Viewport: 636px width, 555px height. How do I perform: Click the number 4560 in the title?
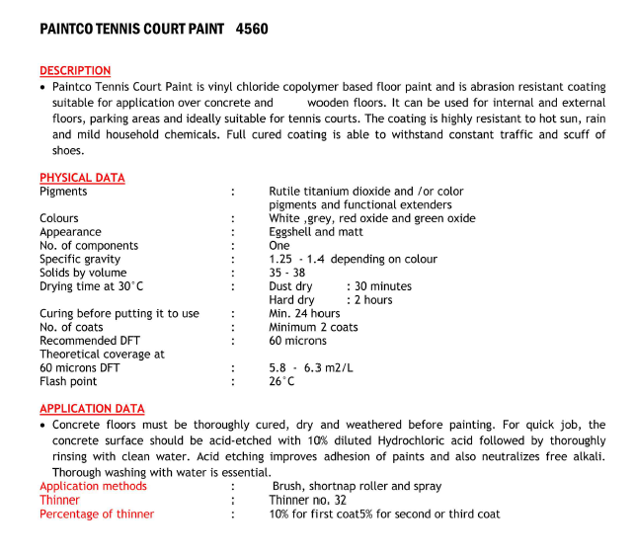tap(252, 30)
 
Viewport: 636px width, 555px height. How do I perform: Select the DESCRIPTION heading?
tap(75, 71)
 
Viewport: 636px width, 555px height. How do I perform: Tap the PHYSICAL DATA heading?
tap(82, 178)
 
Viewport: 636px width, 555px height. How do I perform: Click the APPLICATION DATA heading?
tap(92, 409)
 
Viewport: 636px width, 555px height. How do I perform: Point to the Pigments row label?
tap(63, 192)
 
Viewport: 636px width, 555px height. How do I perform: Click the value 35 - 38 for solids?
tap(288, 274)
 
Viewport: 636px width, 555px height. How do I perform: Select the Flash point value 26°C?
tap(281, 381)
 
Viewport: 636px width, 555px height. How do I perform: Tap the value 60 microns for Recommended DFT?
tap(297, 341)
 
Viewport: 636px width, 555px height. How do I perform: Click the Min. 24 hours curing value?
tap(304, 314)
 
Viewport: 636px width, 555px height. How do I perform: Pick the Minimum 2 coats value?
tap(313, 328)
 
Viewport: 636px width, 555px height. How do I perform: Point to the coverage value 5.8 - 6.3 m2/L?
tap(312, 367)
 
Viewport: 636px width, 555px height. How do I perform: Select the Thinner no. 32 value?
tap(308, 501)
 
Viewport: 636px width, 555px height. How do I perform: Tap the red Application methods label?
tap(95, 487)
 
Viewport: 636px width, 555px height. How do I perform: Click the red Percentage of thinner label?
tap(97, 515)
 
